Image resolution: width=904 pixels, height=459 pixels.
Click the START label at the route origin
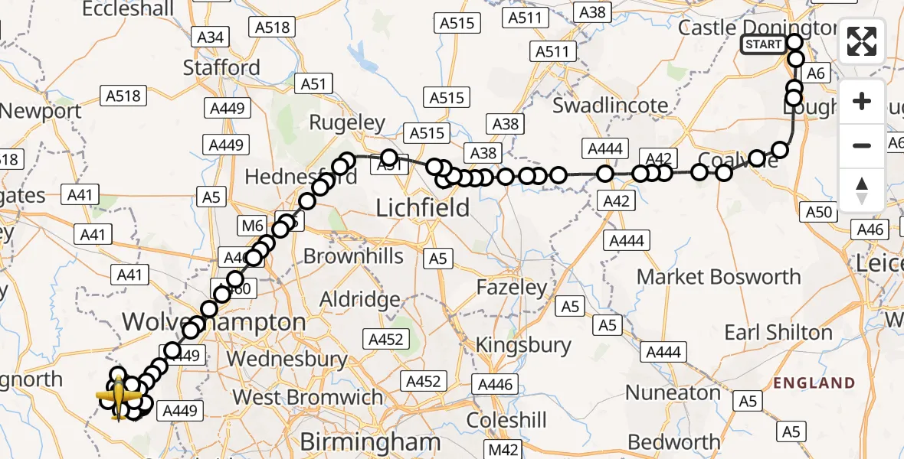pos(763,44)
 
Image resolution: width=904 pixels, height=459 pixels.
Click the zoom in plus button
pos(862,102)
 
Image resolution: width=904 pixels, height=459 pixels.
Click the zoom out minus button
pos(862,145)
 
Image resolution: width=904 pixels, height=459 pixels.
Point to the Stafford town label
pos(222,67)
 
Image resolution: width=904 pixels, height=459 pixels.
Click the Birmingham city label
pos(370,441)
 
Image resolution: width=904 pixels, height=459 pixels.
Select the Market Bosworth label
pos(719,276)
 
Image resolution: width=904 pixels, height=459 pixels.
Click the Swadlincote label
pos(611,105)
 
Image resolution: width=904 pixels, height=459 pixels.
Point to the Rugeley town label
pos(346,122)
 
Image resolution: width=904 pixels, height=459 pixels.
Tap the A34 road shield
pos(210,37)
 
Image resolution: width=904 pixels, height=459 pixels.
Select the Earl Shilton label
pos(778,333)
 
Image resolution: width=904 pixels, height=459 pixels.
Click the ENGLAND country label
pos(814,382)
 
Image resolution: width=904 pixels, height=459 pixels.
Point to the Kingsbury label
pos(523,345)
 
